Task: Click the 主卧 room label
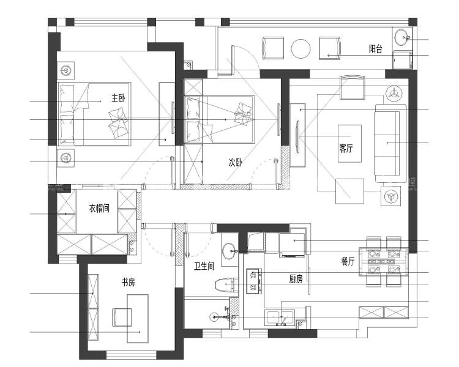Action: [x=118, y=98]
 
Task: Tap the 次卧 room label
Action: [x=236, y=163]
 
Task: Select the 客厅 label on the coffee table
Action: [x=346, y=148]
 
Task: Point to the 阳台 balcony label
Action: [x=376, y=49]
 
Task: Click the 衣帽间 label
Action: [x=99, y=209]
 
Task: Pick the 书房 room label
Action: [x=129, y=283]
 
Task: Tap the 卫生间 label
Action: [x=204, y=266]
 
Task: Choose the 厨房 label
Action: [x=296, y=279]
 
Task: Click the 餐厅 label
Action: [x=348, y=261]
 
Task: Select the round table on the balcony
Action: [x=300, y=49]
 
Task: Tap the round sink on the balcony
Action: [x=403, y=37]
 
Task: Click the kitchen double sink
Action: [x=280, y=318]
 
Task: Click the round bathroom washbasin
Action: [x=229, y=251]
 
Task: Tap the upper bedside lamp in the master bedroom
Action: [x=66, y=70]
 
